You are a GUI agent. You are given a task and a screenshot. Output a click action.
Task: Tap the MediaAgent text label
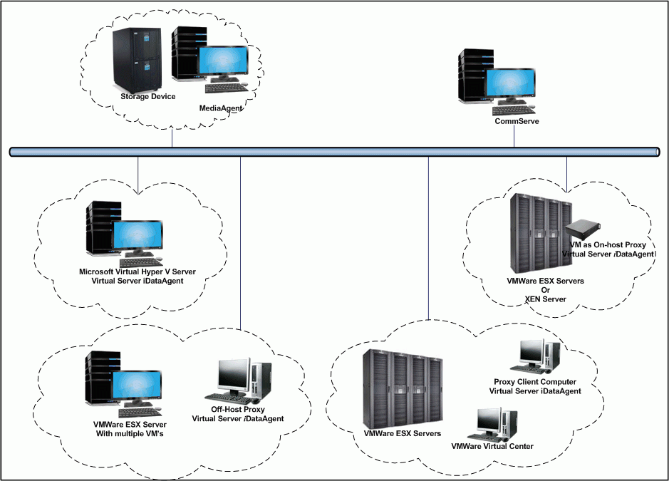[x=222, y=108]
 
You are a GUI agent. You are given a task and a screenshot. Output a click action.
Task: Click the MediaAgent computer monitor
[x=223, y=65]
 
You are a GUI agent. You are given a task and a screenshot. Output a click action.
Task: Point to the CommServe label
[x=517, y=121]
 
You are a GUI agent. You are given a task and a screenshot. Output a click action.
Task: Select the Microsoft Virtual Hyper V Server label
[x=138, y=272]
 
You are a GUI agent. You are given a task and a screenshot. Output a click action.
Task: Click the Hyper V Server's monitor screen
[x=136, y=237]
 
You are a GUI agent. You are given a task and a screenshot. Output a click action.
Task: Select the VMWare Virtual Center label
[x=492, y=447]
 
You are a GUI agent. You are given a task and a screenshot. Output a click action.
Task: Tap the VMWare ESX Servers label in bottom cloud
[x=402, y=433]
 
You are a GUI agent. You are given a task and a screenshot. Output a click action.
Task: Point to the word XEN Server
[x=545, y=299]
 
